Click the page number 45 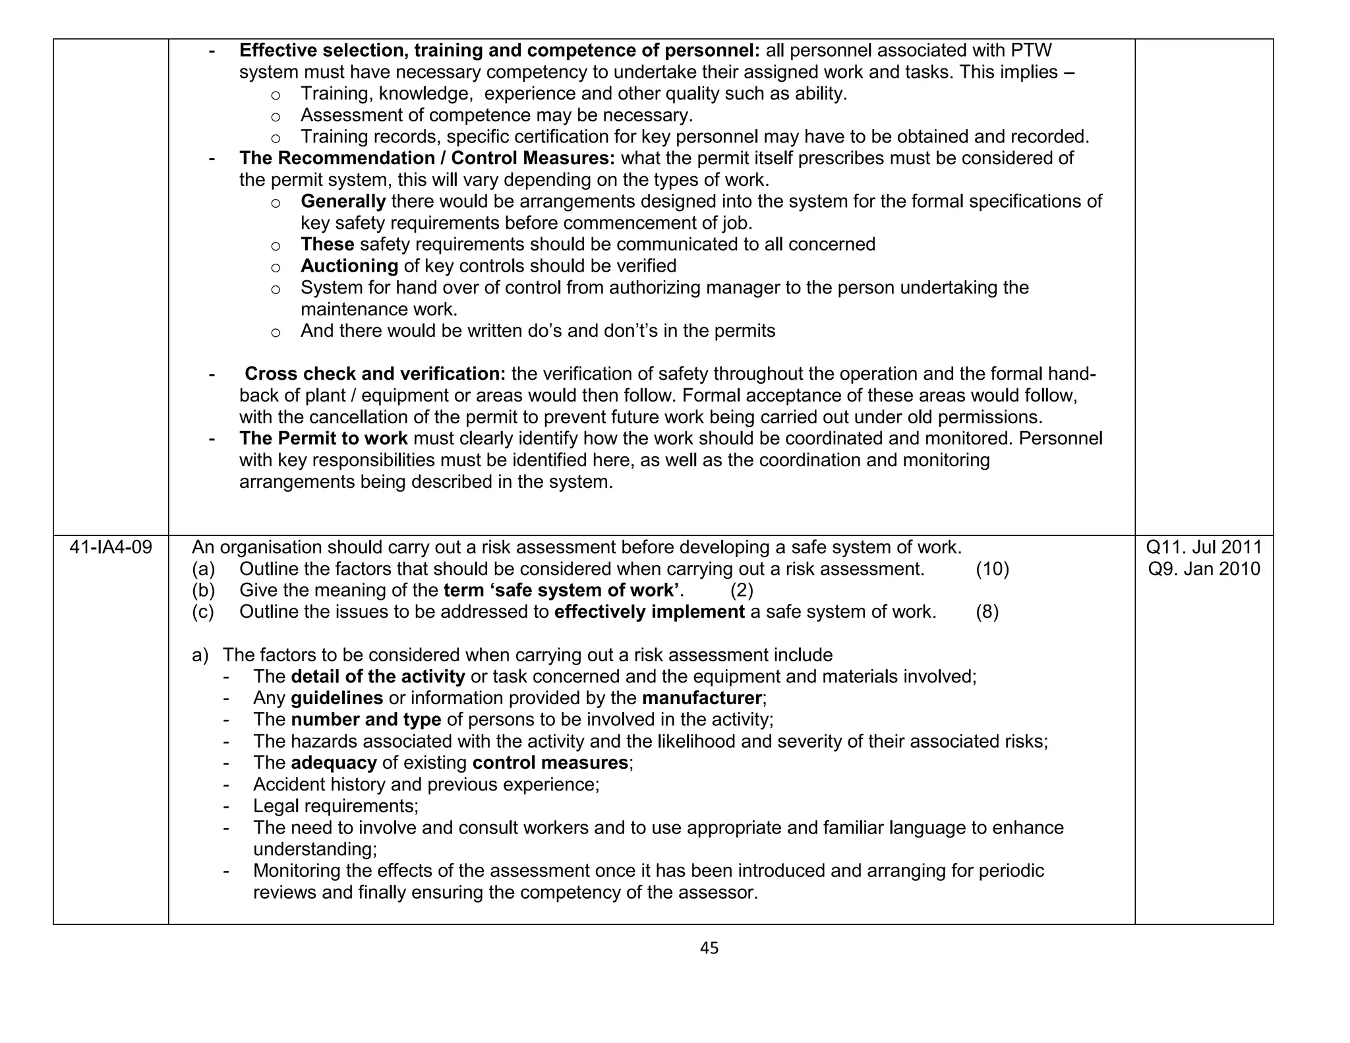[709, 948]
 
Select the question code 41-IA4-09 [111, 547]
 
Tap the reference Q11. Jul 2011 [1204, 547]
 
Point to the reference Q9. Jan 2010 [1204, 569]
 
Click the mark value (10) [992, 569]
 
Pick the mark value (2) [742, 590]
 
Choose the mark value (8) [987, 612]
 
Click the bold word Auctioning [349, 266]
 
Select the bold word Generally [343, 201]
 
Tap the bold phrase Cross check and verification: [375, 374]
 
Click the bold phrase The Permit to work [324, 438]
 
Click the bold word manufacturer [701, 698]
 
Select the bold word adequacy [334, 763]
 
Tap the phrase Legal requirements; [336, 806]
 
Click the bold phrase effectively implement [649, 612]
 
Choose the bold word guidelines [337, 698]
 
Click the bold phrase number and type [366, 720]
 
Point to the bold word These [328, 245]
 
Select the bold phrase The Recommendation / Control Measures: [427, 158]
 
